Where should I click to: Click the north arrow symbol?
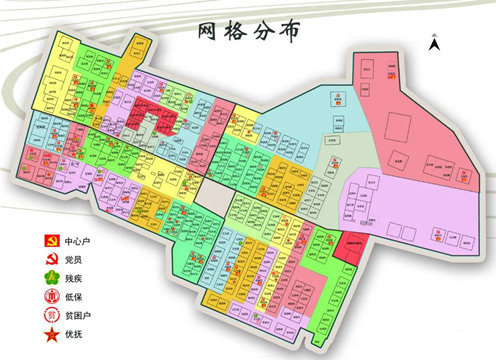(435, 43)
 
